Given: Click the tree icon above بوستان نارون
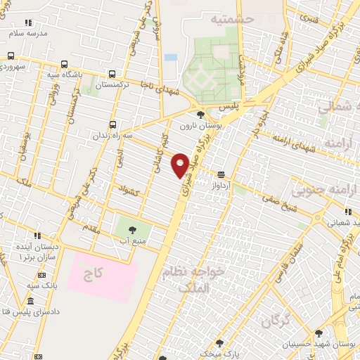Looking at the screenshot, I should click(x=201, y=115).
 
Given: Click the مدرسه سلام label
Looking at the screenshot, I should click(x=29, y=34).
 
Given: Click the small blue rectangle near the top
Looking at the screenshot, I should click(x=171, y=57).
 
